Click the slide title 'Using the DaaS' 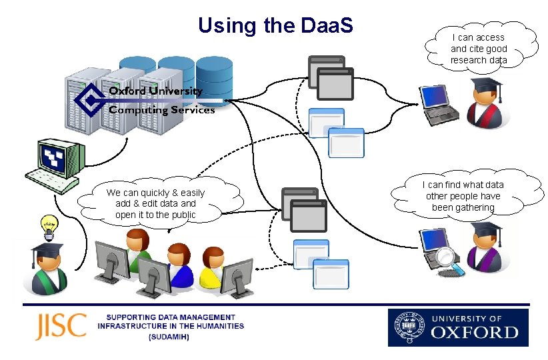[x=275, y=26]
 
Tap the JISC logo [x=61, y=326]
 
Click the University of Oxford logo [x=458, y=327]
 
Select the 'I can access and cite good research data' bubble [x=478, y=49]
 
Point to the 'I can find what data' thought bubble [x=464, y=196]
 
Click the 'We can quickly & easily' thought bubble [x=155, y=204]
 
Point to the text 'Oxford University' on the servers [x=155, y=91]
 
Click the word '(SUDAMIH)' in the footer [x=169, y=337]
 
